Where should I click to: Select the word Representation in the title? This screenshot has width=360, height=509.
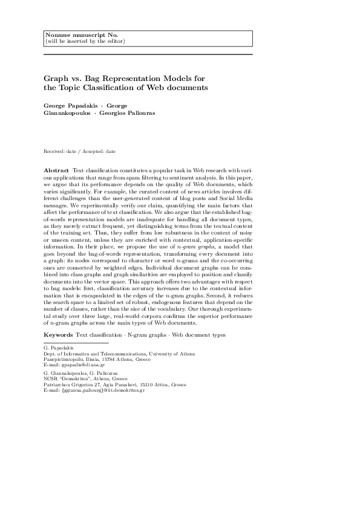click(128, 79)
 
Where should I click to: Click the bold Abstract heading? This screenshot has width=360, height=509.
click(56, 172)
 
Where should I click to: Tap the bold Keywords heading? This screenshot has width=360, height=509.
click(58, 334)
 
